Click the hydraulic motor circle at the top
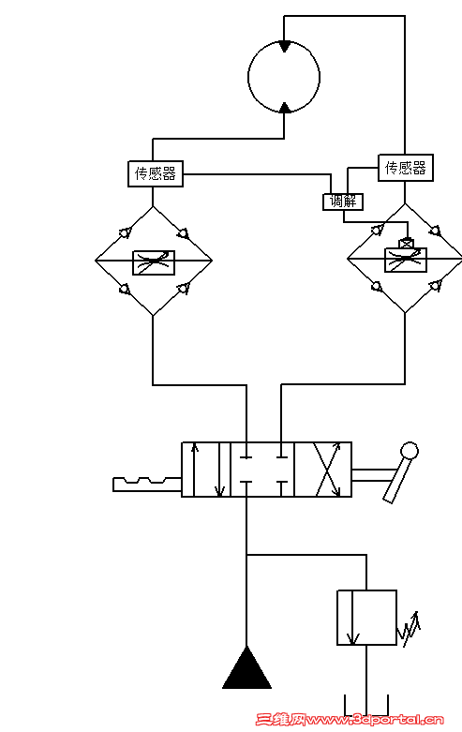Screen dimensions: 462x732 click(248, 77)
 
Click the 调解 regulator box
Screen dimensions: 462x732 click(343, 202)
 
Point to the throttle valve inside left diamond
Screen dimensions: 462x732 click(154, 262)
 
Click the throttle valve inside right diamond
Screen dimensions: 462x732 click(405, 260)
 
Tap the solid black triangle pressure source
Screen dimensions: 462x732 click(246, 668)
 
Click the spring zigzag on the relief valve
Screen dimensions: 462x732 click(409, 629)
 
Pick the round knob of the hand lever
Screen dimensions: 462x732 click(410, 451)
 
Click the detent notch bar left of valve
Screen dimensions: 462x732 click(147, 485)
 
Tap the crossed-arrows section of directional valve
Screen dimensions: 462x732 click(323, 470)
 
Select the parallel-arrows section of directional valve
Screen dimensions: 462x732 click(206, 470)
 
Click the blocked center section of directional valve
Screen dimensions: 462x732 click(262, 470)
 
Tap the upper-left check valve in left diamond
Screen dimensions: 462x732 click(125, 232)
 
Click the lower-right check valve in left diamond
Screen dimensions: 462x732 click(184, 289)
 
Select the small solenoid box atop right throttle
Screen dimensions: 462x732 click(407, 244)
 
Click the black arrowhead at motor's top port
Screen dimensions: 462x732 click(284, 46)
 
